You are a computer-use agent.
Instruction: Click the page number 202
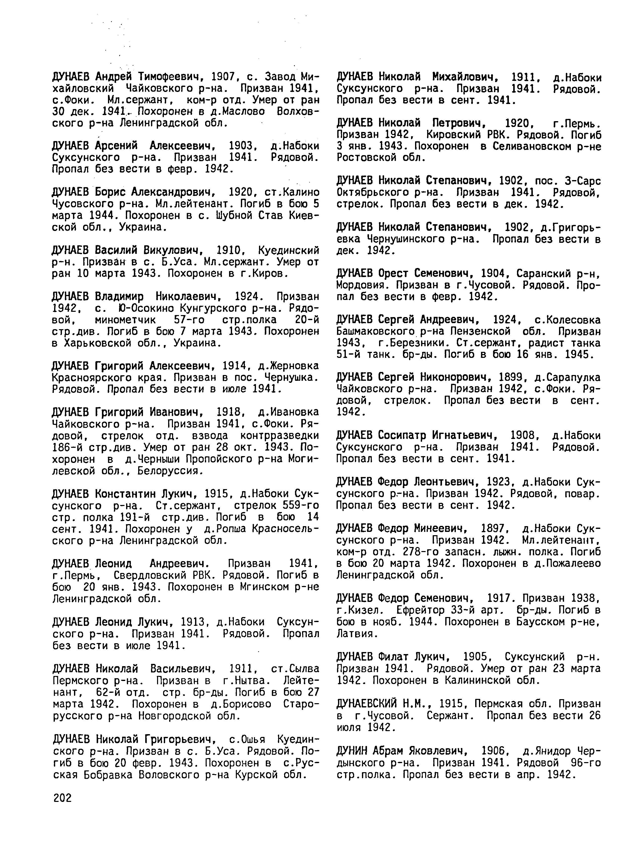coord(62,798)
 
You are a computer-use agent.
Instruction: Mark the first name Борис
coord(111,192)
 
